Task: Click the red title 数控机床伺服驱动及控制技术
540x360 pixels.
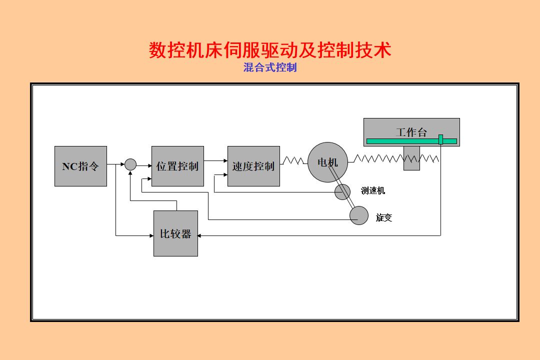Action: point(269,50)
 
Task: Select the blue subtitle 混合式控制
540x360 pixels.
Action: point(269,67)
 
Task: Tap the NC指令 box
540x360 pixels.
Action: point(80,166)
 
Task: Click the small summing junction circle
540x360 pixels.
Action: point(130,164)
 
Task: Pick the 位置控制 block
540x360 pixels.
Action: point(177,166)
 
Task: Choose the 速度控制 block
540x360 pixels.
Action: point(253,166)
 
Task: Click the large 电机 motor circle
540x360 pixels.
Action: point(327,162)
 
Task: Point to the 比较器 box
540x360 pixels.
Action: point(175,233)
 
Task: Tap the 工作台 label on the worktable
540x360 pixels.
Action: point(411,132)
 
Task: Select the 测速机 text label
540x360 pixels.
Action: point(373,190)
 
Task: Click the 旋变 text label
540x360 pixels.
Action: point(384,217)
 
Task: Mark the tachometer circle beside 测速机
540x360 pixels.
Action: point(342,191)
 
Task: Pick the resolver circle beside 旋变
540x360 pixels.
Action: point(358,215)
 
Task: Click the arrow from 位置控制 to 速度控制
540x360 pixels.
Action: point(215,160)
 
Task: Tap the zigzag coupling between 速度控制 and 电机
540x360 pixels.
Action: point(293,160)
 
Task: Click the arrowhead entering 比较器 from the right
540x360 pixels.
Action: point(201,235)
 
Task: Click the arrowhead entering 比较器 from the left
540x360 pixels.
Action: point(150,235)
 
